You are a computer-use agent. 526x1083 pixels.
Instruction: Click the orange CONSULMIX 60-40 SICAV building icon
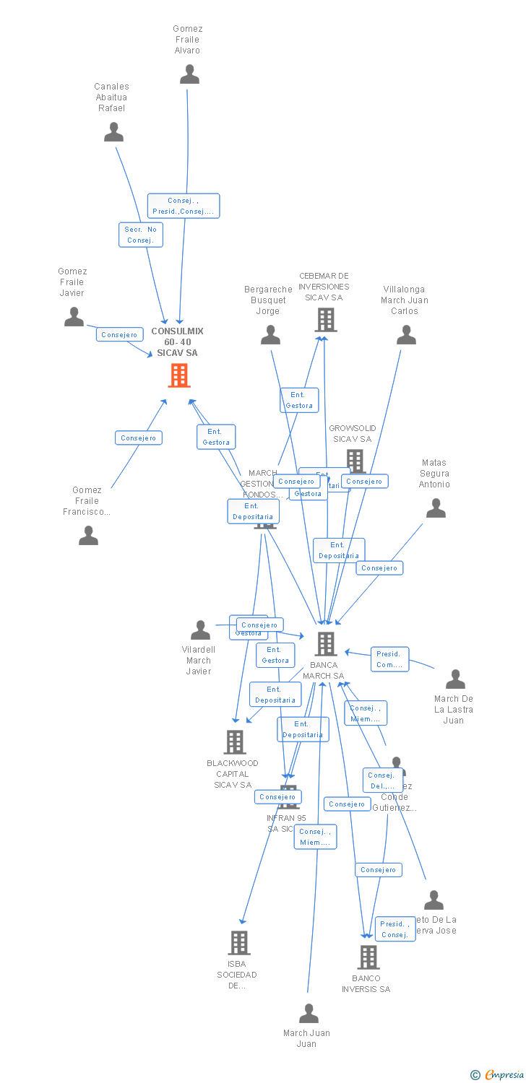tap(179, 375)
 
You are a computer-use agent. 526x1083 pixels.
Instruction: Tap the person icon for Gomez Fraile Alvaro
tap(189, 74)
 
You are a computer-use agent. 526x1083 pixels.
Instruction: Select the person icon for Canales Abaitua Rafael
tap(113, 132)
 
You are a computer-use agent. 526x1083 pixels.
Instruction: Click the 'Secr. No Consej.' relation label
tap(141, 235)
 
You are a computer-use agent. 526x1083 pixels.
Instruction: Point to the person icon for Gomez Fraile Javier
tap(74, 317)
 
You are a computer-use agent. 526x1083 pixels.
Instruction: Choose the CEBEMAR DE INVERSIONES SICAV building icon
tap(326, 319)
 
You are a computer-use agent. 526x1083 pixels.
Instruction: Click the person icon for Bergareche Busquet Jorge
tap(270, 335)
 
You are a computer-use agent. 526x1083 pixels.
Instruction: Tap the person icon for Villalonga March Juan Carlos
tap(406, 335)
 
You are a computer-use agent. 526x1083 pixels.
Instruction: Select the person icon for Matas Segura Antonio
tap(436, 508)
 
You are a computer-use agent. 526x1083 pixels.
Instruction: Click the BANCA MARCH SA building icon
tap(326, 643)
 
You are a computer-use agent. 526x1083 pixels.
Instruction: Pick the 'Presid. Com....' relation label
tap(390, 658)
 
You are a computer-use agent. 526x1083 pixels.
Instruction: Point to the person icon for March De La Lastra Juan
tap(455, 679)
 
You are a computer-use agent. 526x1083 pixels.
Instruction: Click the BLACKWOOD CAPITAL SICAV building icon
tap(234, 741)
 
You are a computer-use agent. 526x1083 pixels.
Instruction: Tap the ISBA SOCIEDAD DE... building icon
tap(239, 942)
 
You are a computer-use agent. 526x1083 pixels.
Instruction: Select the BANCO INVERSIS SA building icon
tap(368, 957)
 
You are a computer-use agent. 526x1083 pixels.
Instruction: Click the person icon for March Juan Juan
tap(309, 1013)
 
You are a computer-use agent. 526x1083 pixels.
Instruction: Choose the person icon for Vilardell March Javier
tap(200, 630)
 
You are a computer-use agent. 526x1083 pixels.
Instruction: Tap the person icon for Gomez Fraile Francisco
tap(88, 535)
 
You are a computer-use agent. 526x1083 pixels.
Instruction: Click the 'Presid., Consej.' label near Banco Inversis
tap(395, 929)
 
